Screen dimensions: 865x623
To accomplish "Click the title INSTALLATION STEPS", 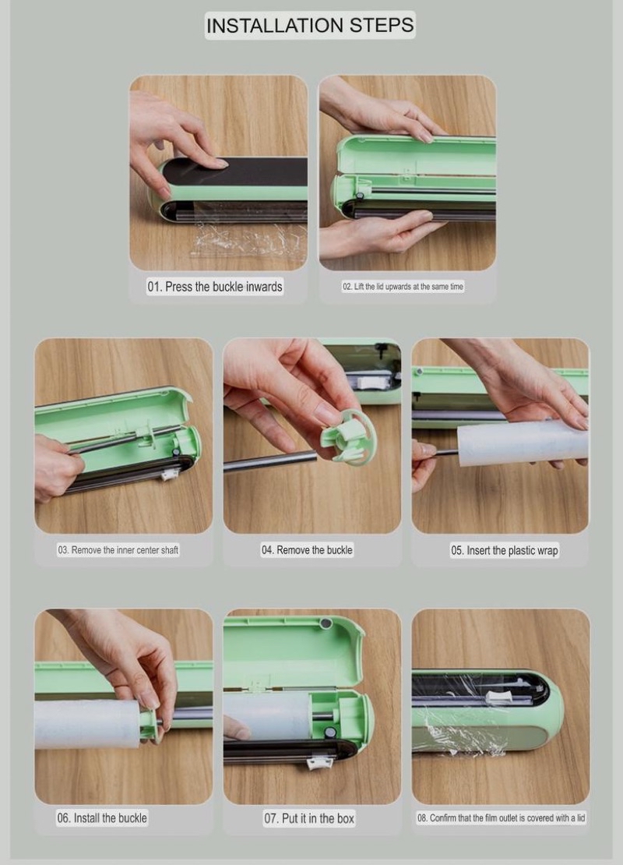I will click(x=310, y=25).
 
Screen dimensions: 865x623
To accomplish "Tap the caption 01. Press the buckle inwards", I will click(x=215, y=287).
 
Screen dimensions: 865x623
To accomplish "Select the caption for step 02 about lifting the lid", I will click(x=403, y=287).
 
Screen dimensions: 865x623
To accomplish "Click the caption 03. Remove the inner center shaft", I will click(x=118, y=550).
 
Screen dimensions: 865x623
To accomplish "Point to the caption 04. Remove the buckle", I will click(x=307, y=550).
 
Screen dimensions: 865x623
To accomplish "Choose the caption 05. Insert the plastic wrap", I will click(x=504, y=551).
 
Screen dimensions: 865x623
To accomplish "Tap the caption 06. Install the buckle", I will click(x=101, y=818).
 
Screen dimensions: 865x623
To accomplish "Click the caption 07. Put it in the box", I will click(x=309, y=818).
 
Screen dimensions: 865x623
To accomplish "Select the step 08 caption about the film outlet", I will click(x=501, y=818).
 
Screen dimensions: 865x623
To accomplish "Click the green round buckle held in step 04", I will click(x=345, y=436).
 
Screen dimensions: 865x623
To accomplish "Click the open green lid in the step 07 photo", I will click(x=288, y=647).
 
